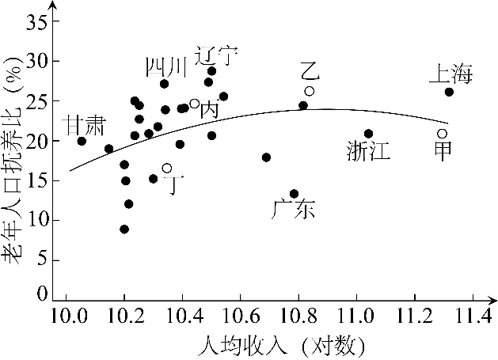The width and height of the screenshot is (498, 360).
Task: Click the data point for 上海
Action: (x=449, y=92)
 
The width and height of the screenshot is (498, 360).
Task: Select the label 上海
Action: (x=450, y=75)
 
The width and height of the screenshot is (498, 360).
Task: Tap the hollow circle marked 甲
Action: (x=443, y=134)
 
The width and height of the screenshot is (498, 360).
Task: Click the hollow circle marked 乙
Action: (x=310, y=91)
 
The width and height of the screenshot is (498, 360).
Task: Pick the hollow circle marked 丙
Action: (x=194, y=104)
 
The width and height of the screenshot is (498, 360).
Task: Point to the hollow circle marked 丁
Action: (x=167, y=168)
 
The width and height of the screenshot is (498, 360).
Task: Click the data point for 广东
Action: (x=294, y=194)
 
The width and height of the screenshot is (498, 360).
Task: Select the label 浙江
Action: (x=368, y=152)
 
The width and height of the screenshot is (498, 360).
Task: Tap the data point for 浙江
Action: (x=368, y=134)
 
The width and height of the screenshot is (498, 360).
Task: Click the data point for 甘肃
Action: (x=82, y=141)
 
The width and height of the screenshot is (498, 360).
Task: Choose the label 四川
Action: (x=166, y=68)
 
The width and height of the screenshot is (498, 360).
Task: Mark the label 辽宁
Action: (x=215, y=56)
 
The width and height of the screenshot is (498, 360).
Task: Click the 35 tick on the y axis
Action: (x=38, y=21)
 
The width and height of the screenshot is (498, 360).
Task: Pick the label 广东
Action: (x=293, y=210)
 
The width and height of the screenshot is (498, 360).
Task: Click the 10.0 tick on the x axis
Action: (x=67, y=318)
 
